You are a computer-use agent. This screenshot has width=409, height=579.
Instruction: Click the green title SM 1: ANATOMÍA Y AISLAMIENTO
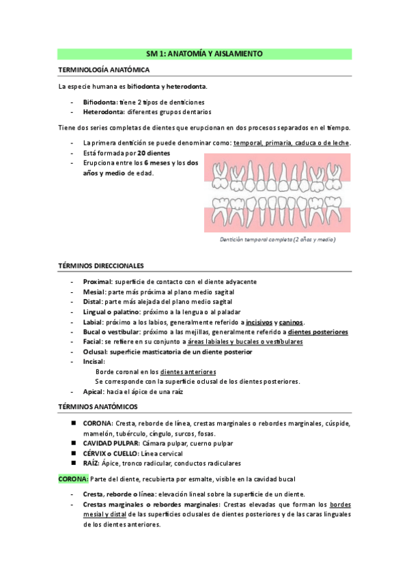point(204,53)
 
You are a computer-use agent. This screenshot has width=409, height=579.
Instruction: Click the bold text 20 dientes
point(154,153)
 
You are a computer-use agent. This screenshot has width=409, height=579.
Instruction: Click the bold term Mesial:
point(94,292)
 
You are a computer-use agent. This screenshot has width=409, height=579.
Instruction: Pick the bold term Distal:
point(94,302)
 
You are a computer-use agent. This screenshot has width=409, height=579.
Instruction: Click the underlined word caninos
point(292,322)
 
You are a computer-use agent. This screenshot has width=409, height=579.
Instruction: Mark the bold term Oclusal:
point(95,352)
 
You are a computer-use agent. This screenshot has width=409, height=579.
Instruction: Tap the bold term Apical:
point(94,392)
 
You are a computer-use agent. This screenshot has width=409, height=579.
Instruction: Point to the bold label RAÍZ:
point(91,463)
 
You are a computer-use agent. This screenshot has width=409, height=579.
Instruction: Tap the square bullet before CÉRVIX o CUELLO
point(73,453)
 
